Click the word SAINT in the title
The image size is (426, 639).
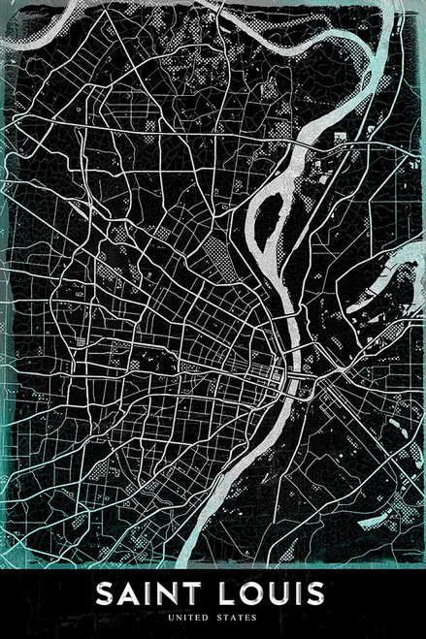click(x=148, y=592)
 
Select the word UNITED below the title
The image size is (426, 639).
click(x=185, y=617)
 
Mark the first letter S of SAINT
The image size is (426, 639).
click(x=104, y=592)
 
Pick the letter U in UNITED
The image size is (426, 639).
click(x=170, y=617)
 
